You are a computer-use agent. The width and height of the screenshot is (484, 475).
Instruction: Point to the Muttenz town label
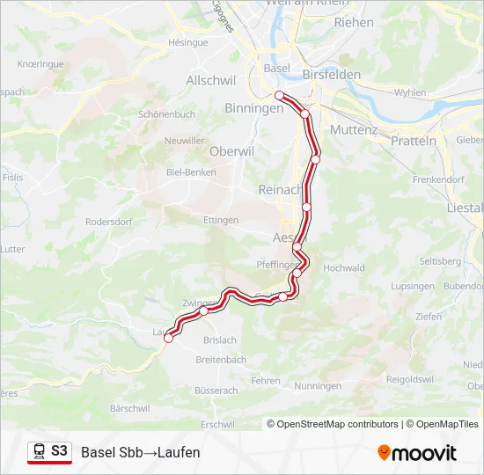pos(353,129)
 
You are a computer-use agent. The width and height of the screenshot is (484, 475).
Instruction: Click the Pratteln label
pos(414,141)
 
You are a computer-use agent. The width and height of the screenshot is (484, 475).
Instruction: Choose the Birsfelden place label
pos(331,75)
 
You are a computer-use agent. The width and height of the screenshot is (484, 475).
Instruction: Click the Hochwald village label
pos(345,268)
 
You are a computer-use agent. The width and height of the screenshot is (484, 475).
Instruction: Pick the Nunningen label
pos(318,386)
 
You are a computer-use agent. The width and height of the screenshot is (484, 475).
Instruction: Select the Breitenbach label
pos(221,360)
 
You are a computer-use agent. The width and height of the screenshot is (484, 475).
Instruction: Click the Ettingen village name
pos(221,220)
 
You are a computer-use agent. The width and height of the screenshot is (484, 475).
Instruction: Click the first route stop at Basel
pos(278,95)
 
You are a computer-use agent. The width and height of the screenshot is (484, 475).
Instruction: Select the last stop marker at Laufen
pos(168,338)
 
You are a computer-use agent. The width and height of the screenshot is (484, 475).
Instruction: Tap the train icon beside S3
pos(40,452)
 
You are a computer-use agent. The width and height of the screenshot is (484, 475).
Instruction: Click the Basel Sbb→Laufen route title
pos(141,452)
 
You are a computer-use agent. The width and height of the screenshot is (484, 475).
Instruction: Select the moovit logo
pos(417,453)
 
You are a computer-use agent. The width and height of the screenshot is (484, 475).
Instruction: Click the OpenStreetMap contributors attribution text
pos(338,424)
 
